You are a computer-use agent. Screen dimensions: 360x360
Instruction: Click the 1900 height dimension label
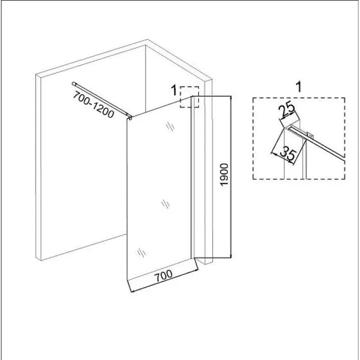[x=224, y=175]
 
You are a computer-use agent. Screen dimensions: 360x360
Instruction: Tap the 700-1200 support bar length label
[x=94, y=104]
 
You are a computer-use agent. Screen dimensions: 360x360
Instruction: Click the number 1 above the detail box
[x=298, y=87]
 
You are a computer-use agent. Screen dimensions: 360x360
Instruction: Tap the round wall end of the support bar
[x=74, y=84]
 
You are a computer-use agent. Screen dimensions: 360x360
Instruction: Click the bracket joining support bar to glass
[x=130, y=117]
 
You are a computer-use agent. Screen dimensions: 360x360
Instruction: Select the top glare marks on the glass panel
[x=170, y=126]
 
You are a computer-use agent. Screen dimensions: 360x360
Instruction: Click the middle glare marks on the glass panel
[x=165, y=204]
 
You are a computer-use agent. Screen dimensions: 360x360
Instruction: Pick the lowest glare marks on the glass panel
[x=141, y=253]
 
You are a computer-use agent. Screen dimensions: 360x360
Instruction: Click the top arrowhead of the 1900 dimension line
[x=231, y=97]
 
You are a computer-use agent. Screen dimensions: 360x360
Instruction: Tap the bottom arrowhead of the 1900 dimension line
[x=231, y=256]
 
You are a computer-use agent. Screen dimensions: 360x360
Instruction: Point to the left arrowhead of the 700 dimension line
[x=132, y=291]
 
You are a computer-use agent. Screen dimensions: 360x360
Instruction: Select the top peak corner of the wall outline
[x=147, y=40]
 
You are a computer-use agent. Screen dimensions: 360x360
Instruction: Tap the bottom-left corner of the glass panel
[x=127, y=280]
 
